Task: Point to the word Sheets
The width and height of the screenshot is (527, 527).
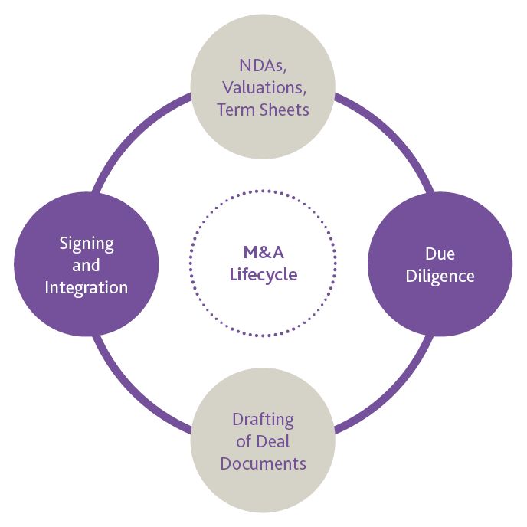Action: (x=284, y=109)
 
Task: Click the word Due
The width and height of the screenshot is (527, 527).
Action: (x=440, y=254)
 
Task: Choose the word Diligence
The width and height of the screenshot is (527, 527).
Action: (x=440, y=276)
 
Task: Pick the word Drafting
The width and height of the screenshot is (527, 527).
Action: (x=263, y=419)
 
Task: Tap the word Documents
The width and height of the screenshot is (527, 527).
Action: (x=263, y=463)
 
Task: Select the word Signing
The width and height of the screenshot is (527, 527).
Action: (x=87, y=244)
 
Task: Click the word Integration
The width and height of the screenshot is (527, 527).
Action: (x=87, y=288)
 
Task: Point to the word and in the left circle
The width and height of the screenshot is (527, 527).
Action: (x=87, y=266)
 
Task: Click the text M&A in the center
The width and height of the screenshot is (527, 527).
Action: (x=263, y=254)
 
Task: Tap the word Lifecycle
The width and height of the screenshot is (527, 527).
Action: (x=263, y=274)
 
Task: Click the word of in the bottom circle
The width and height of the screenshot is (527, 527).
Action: (x=244, y=441)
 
